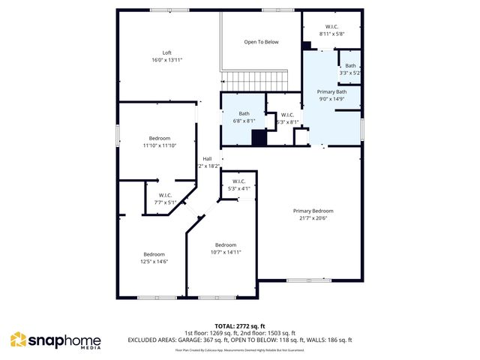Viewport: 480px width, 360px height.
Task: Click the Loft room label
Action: (166, 52)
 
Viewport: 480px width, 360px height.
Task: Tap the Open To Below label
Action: (261, 42)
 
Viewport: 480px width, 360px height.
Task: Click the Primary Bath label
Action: (331, 91)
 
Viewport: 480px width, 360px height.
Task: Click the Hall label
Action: (206, 158)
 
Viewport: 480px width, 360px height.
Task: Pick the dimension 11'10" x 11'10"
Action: (159, 145)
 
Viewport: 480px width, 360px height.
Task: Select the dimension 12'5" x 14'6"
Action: (154, 261)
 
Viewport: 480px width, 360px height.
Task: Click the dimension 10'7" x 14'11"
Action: (226, 252)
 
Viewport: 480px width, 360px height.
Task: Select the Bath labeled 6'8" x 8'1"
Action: (244, 117)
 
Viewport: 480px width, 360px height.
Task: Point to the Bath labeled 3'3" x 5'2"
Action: (350, 70)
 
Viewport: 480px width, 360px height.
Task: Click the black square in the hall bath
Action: (259, 138)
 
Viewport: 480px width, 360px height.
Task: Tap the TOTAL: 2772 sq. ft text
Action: (239, 326)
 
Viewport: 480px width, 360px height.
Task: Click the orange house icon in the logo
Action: (18, 340)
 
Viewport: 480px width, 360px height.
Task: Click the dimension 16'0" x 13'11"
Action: (166, 59)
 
